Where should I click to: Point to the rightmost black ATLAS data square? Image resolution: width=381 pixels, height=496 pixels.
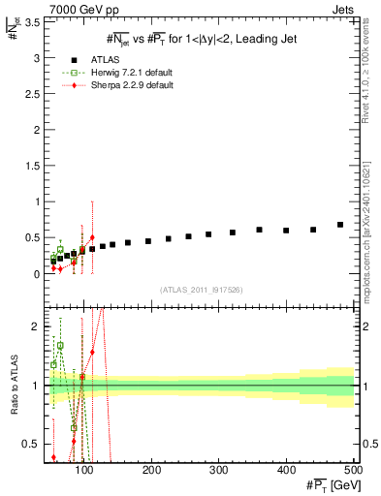click(x=340, y=225)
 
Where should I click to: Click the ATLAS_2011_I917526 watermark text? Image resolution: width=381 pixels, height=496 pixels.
click(x=202, y=290)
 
